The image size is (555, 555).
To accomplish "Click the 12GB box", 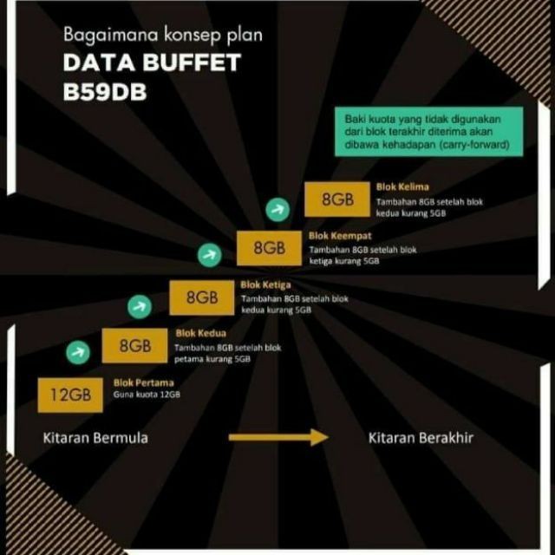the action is (x=70, y=395).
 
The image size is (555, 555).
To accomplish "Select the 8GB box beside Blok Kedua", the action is (x=135, y=346).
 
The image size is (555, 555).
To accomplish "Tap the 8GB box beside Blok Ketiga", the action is (x=202, y=297).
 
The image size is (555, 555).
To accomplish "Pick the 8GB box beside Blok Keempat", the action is (x=269, y=248).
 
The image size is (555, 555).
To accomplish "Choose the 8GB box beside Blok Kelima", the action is (x=336, y=199).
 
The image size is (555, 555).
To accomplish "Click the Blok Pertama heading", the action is (x=144, y=382).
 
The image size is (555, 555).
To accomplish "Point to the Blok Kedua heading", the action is (x=201, y=332).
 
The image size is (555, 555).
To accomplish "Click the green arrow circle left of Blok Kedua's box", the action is (x=78, y=352).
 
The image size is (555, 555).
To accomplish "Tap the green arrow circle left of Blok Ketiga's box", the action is (x=140, y=304).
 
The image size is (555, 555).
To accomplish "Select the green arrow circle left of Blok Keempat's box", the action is (x=209, y=255).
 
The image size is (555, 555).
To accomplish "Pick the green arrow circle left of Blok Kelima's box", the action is (x=277, y=207).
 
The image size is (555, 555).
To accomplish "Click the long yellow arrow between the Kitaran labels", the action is (x=278, y=438).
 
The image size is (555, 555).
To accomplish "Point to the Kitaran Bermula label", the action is (x=95, y=438).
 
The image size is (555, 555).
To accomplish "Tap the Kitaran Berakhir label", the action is (x=421, y=438).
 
